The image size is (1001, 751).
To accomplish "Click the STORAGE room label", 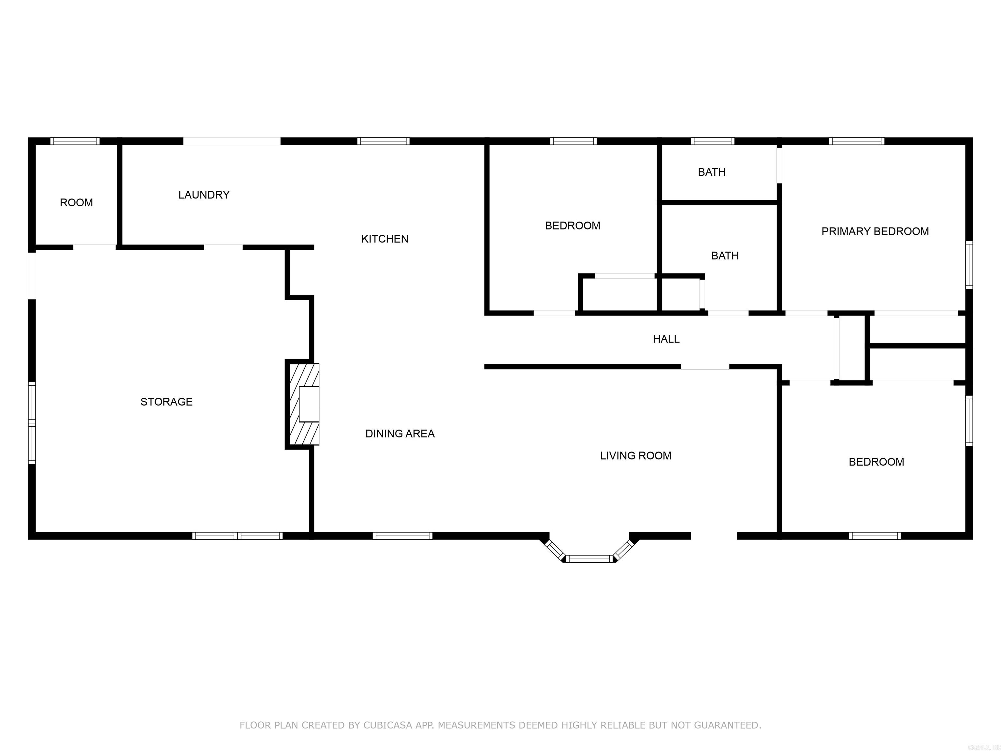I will tap(167, 402).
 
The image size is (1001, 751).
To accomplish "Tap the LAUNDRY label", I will tap(204, 195).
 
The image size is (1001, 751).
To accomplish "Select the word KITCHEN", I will tap(384, 239).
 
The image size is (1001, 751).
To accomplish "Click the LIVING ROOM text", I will tap(635, 455).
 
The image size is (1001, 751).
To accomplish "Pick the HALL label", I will tap(666, 339).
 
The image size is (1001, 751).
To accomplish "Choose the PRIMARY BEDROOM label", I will tap(875, 231).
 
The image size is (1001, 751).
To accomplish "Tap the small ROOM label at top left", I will tap(77, 202).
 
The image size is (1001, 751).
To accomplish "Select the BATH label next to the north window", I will tap(711, 172).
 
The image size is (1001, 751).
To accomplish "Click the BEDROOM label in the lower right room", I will tap(876, 462).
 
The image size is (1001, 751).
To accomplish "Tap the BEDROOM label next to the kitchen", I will tap(573, 226).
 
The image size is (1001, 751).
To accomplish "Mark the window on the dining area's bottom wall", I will tap(402, 536).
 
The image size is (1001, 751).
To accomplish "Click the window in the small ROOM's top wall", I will tap(75, 141).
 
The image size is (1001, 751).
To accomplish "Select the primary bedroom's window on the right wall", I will tap(968, 265).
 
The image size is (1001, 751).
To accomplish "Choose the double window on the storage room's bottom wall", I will tap(237, 536).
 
